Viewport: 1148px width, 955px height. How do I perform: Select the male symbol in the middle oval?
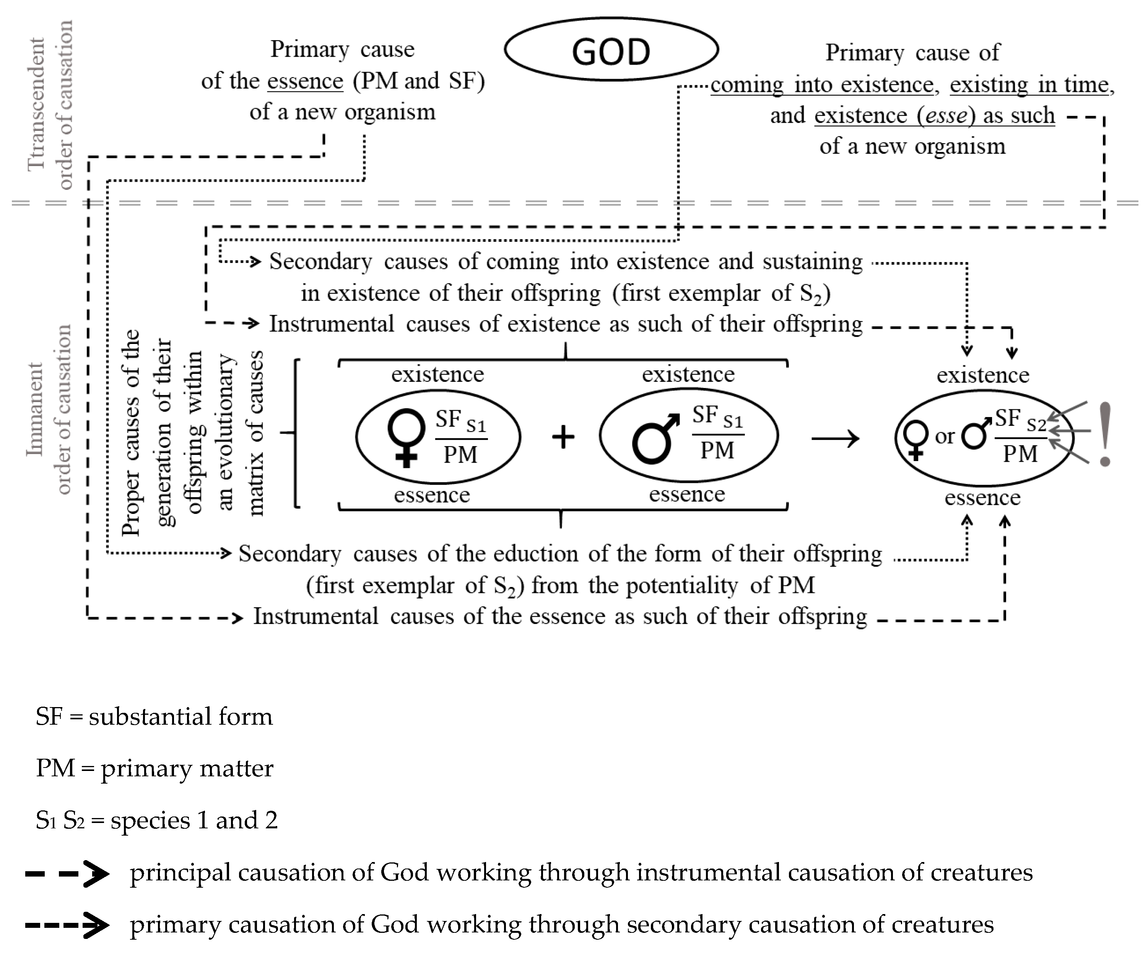[x=655, y=439]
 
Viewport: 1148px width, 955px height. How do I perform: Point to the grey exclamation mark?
[x=1105, y=434]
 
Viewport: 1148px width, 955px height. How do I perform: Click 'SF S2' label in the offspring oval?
[x=1020, y=420]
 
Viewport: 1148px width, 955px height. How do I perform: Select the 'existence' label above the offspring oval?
[x=982, y=375]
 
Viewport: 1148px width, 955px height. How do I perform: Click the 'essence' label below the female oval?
[x=432, y=495]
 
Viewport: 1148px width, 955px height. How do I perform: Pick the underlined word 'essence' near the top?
[x=305, y=81]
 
